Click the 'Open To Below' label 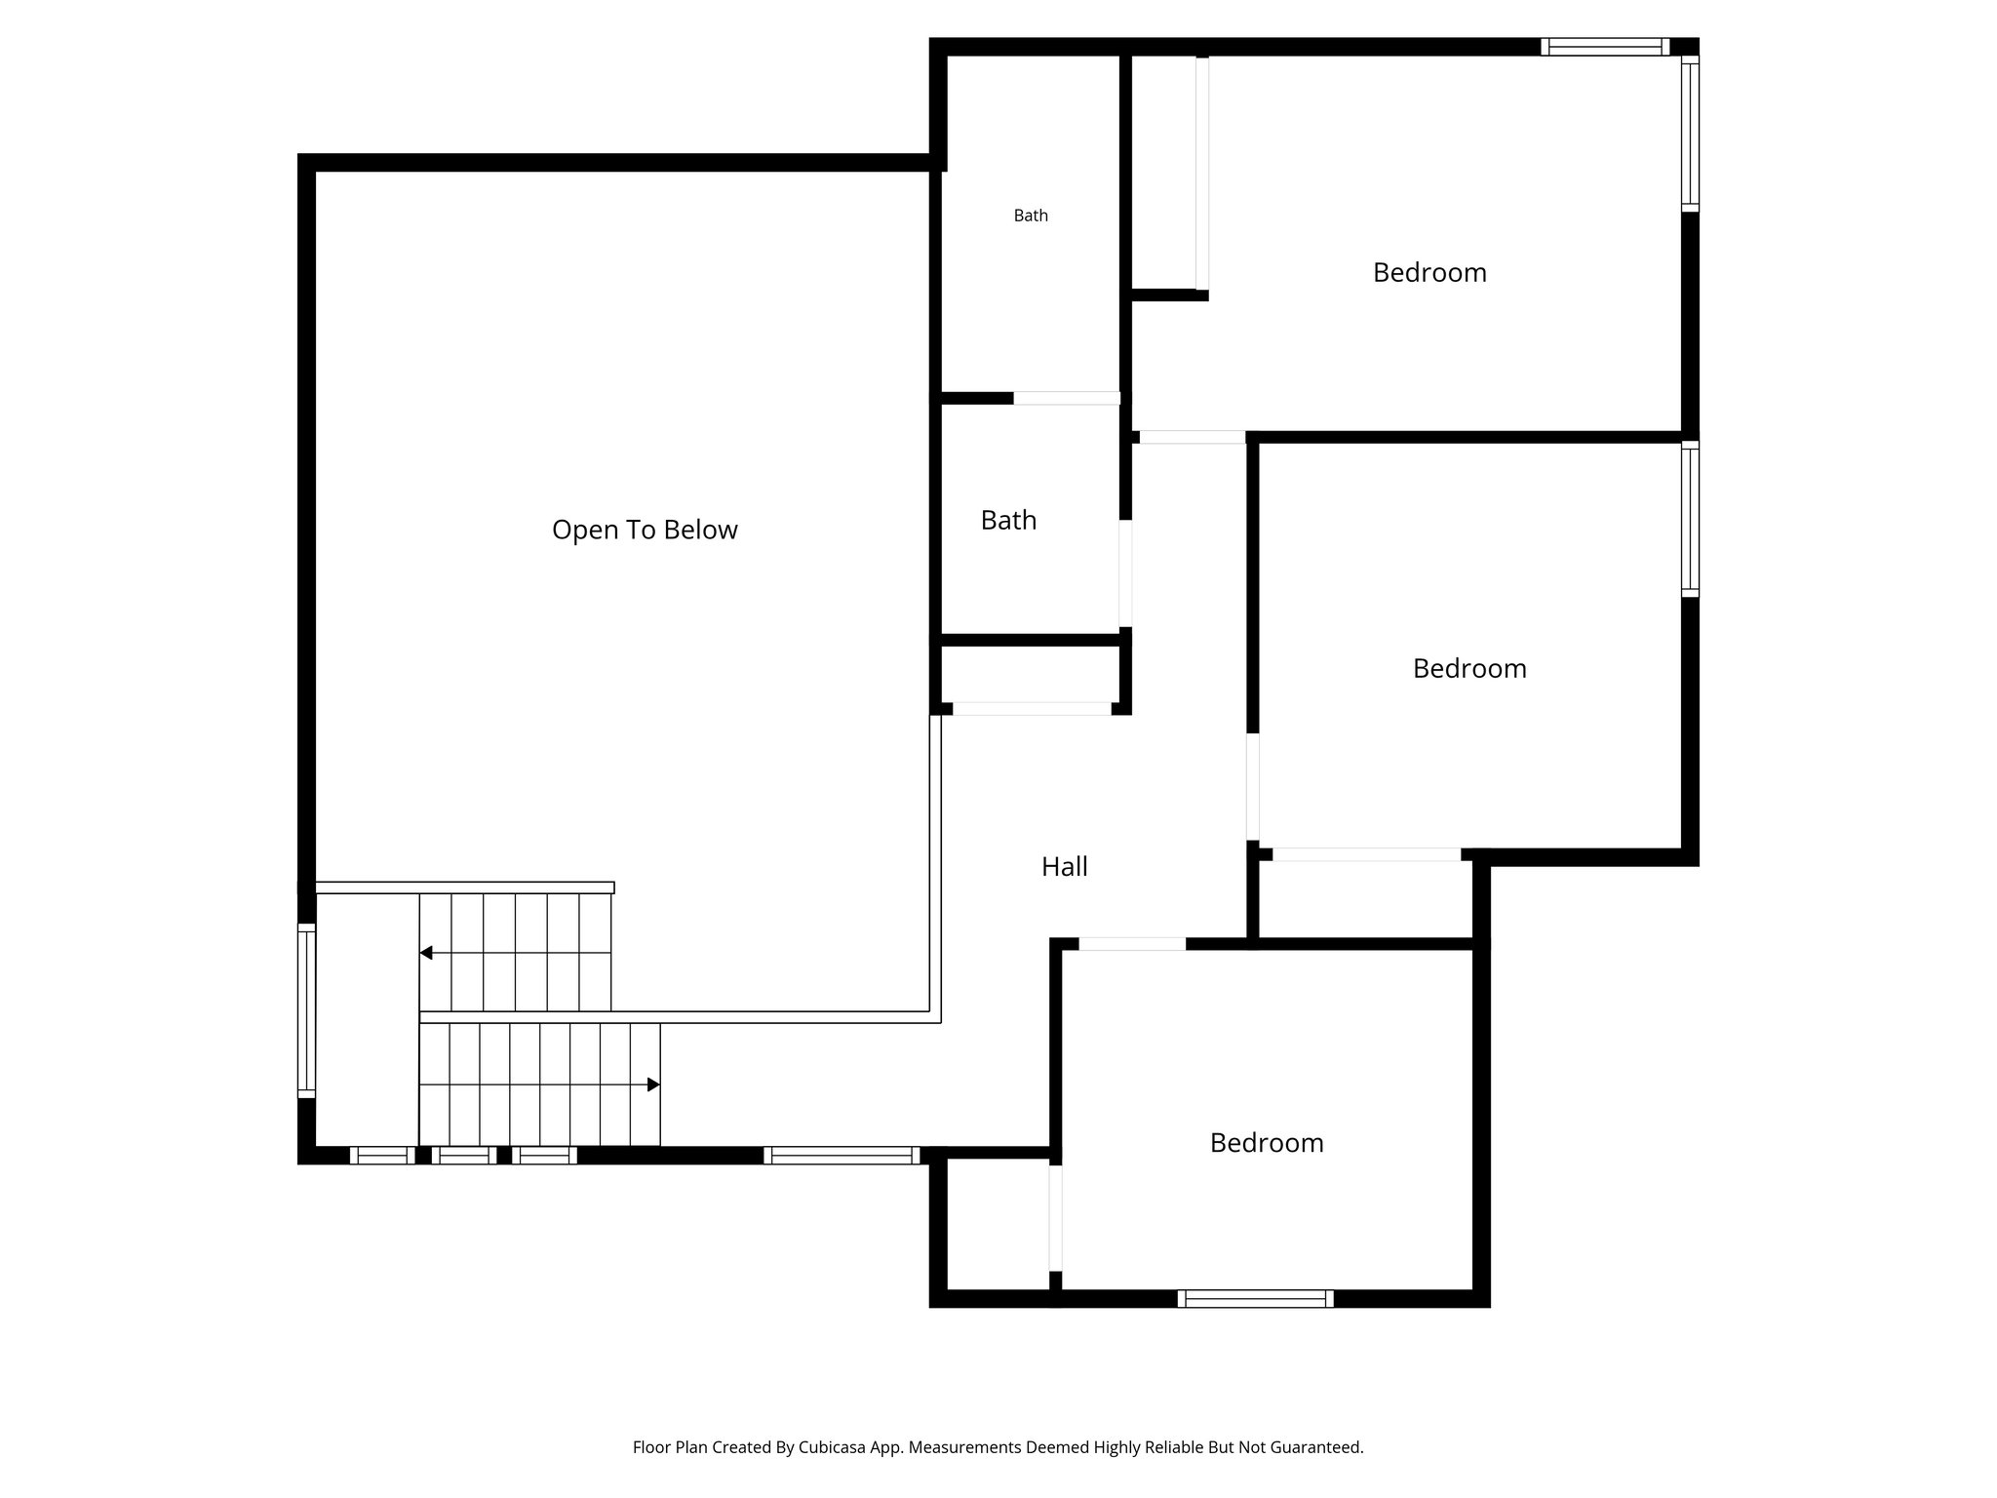click(645, 530)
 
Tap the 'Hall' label click(1064, 866)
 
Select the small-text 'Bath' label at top click(1031, 216)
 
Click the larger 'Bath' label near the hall click(1008, 520)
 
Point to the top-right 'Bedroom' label click(1429, 272)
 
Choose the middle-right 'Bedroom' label click(1469, 668)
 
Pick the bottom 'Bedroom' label click(1267, 1142)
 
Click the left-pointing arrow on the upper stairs click(426, 953)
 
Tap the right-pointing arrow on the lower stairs click(653, 1084)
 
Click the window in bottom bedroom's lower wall click(1255, 1298)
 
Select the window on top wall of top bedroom click(1604, 47)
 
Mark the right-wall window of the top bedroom click(1690, 134)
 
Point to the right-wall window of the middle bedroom click(1690, 518)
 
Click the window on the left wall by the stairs click(306, 1009)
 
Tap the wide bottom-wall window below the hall click(842, 1156)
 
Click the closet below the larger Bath click(1030, 674)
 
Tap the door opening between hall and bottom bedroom click(1131, 944)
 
